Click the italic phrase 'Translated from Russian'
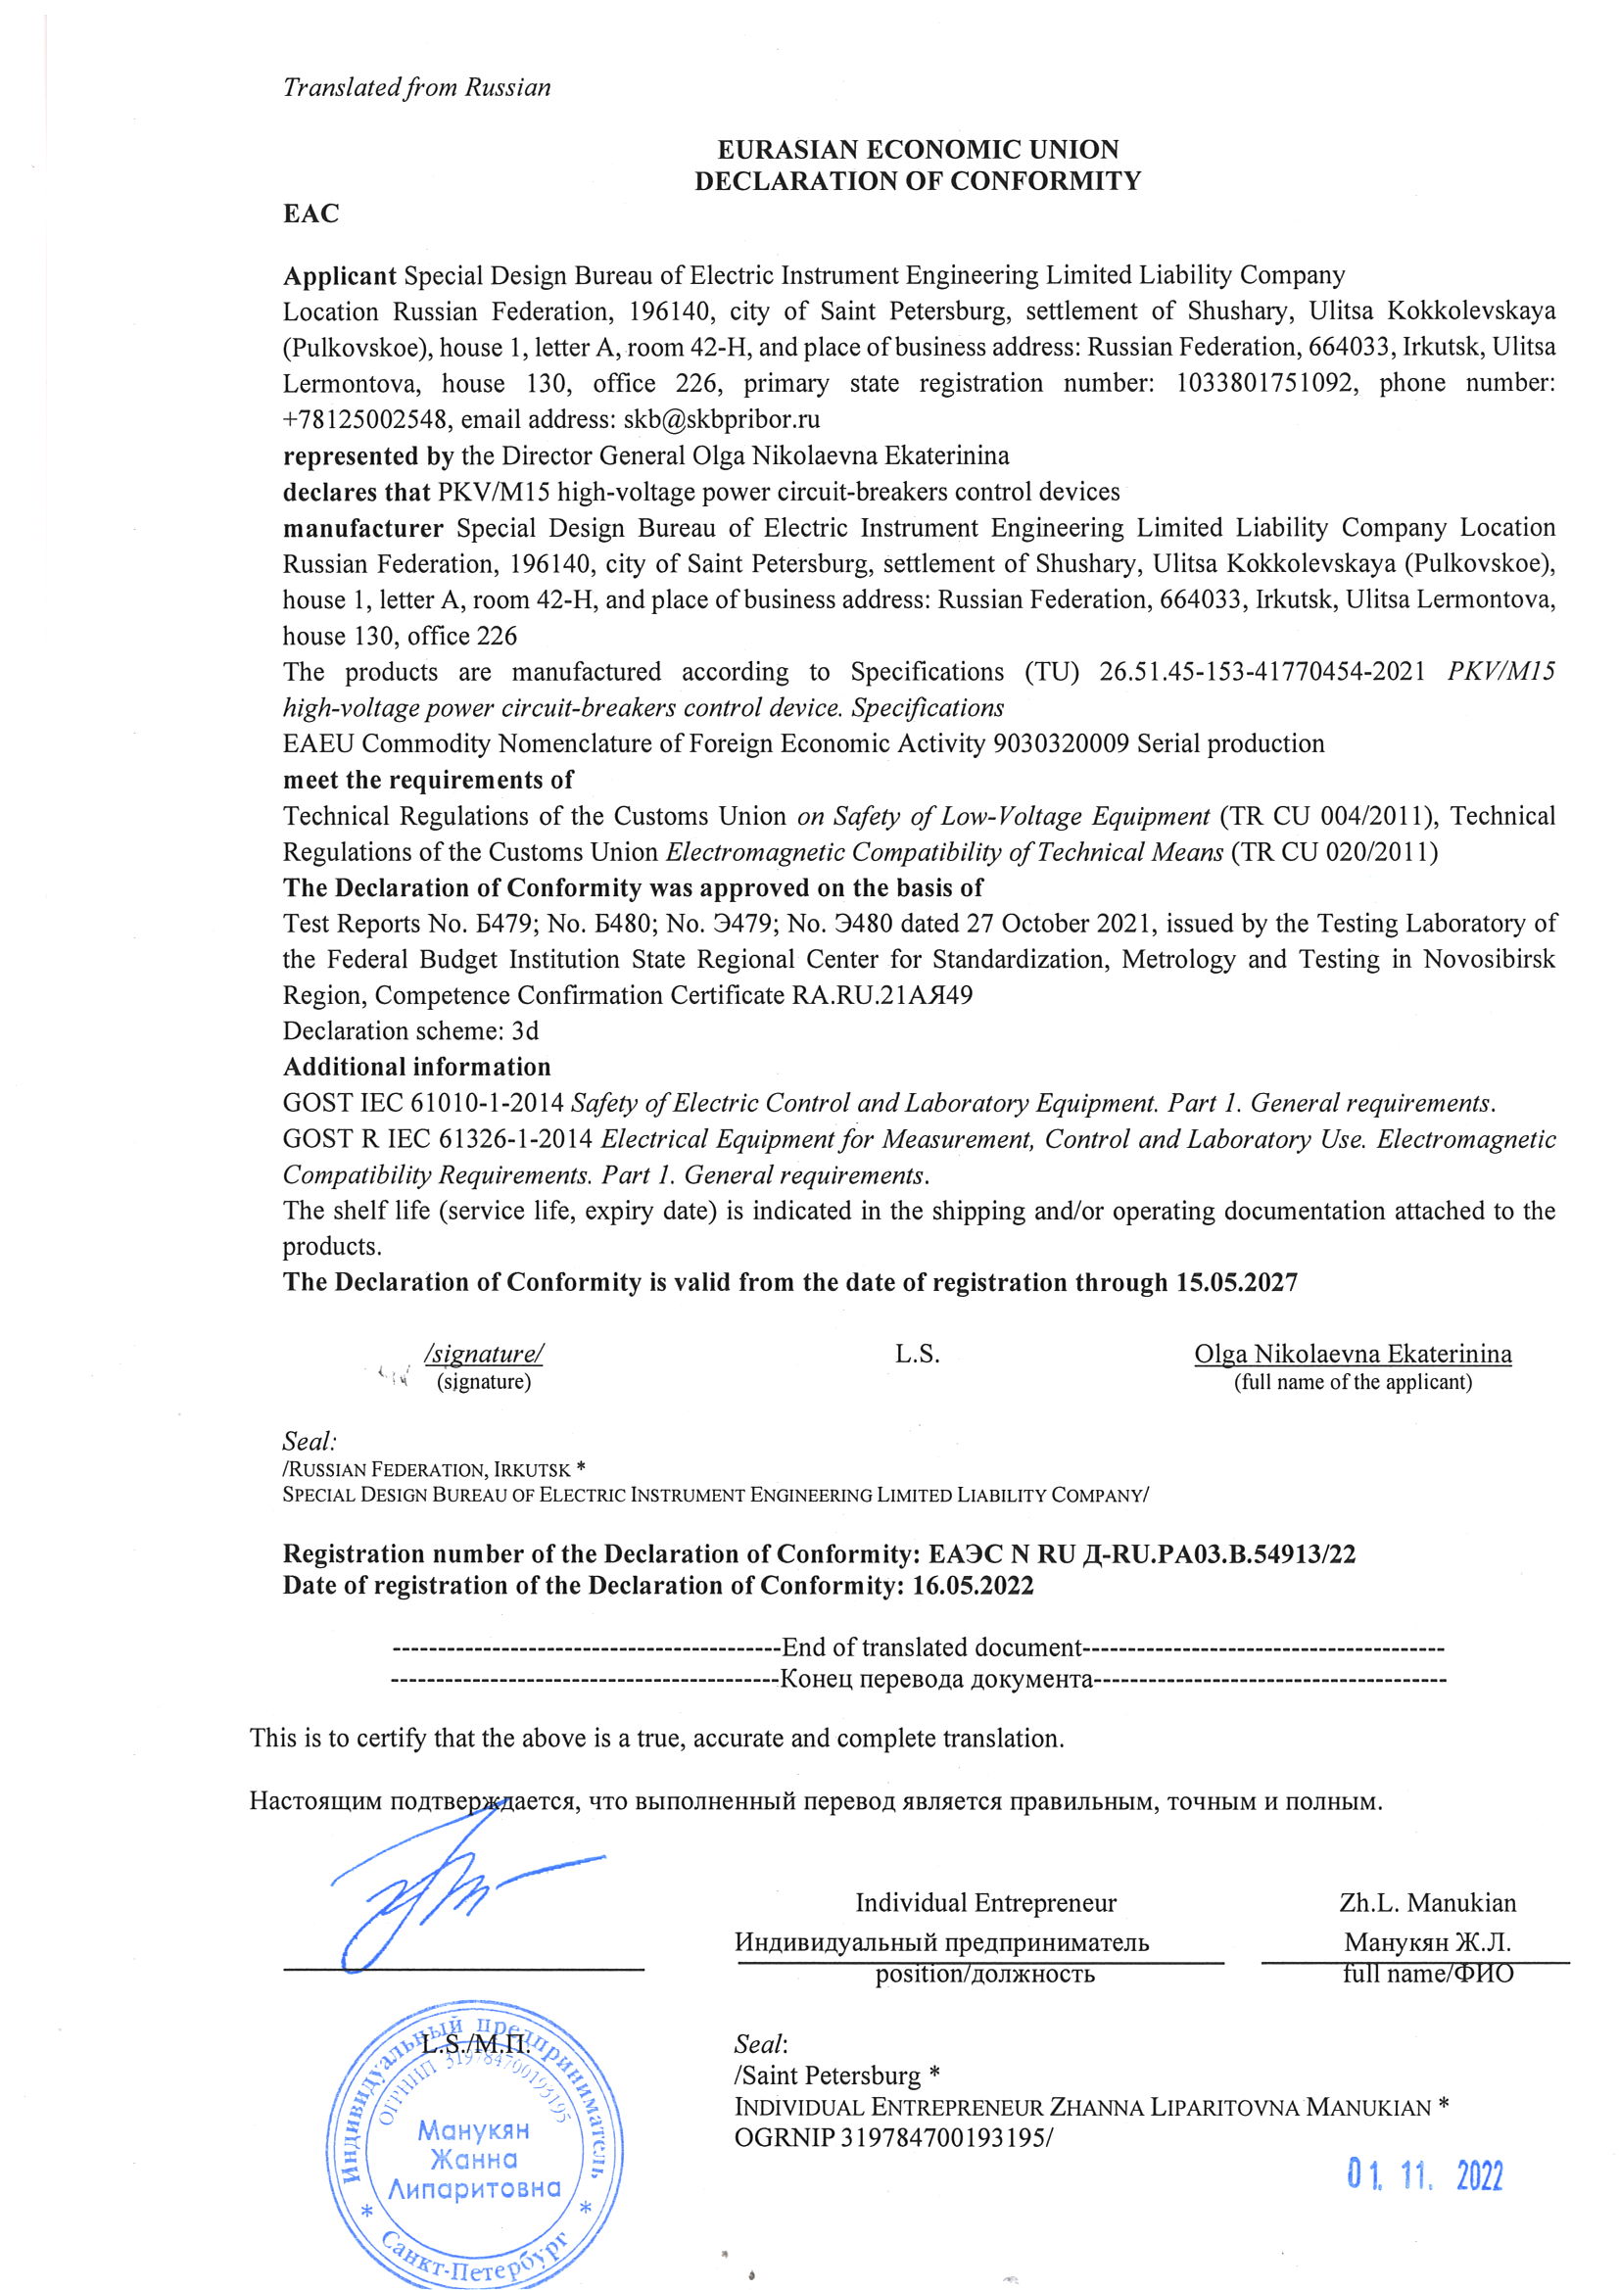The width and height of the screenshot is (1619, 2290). coord(416,88)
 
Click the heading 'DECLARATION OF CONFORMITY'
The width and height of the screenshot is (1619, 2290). coord(917,181)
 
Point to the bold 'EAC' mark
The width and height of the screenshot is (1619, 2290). coord(311,214)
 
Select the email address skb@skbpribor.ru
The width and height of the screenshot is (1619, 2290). coord(721,420)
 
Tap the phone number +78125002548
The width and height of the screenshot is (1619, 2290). coord(365,420)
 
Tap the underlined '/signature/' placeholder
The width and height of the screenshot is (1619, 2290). coord(484,1355)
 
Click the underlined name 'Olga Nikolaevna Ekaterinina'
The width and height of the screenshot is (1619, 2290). coord(1353,1355)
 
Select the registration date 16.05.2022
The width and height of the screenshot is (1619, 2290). coord(973,1587)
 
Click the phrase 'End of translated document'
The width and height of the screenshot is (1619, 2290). coord(931,1647)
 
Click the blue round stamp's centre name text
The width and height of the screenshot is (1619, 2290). coord(475,2161)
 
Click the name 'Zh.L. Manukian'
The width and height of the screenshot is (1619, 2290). coord(1427,1903)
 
